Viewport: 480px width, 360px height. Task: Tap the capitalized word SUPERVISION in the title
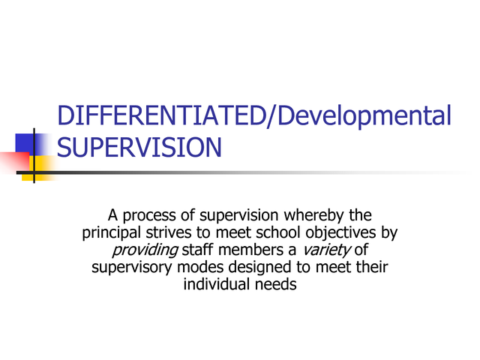pyautogui.click(x=139, y=147)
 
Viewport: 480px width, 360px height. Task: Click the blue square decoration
pyautogui.click(x=32, y=141)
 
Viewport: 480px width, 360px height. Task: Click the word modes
pyautogui.click(x=199, y=267)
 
